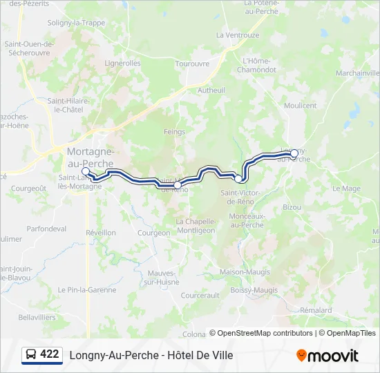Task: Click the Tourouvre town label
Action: tap(192, 63)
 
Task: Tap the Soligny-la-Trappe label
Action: tap(76, 22)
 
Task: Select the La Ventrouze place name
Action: tap(238, 35)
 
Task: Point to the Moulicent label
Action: tap(300, 106)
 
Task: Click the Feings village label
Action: tap(175, 131)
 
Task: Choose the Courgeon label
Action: tap(153, 233)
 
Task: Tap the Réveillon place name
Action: tap(100, 233)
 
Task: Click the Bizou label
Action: tap(292, 207)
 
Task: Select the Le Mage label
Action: tap(346, 188)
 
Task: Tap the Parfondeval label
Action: tap(46, 229)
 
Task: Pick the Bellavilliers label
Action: tap(37, 316)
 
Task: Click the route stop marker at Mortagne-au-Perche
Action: tap(86, 171)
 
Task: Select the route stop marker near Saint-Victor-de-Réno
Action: tap(238, 179)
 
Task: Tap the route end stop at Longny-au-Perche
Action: tap(294, 153)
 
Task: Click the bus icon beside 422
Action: tap(30, 355)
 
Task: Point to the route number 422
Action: tap(50, 354)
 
